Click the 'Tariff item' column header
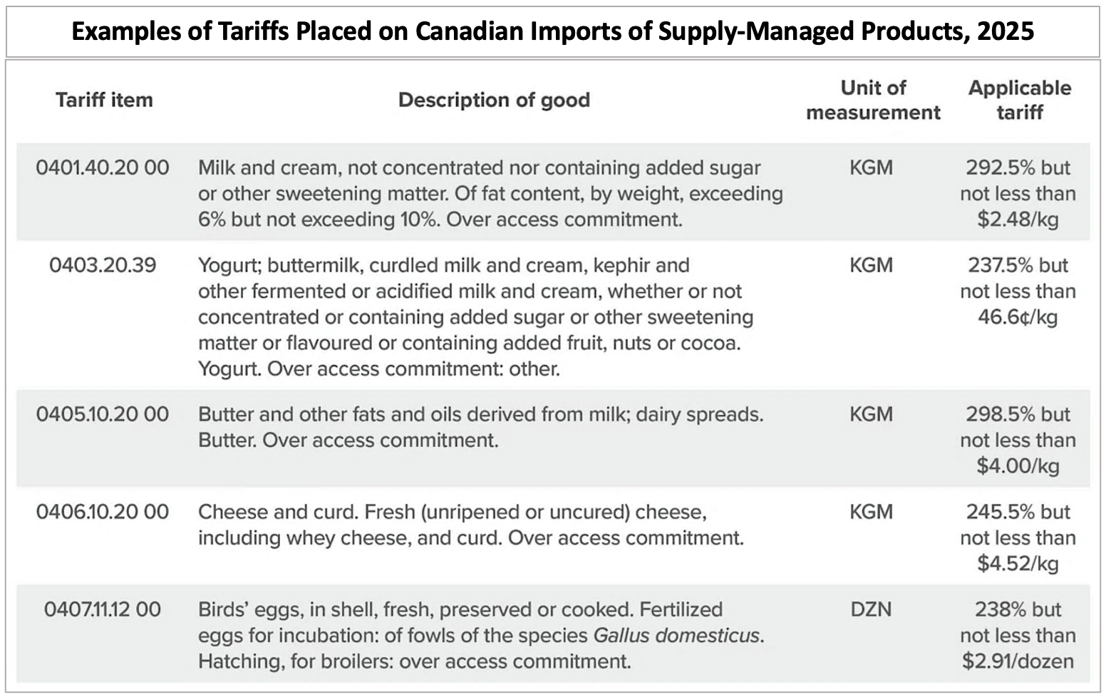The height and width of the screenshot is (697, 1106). (x=104, y=100)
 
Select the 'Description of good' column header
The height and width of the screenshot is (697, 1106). (x=494, y=100)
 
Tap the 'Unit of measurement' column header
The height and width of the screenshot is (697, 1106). (x=873, y=100)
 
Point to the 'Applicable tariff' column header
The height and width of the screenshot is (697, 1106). (x=1019, y=100)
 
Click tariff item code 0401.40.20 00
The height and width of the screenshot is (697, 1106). (x=103, y=167)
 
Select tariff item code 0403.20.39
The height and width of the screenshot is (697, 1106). (x=103, y=265)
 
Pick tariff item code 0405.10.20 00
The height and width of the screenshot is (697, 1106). (x=103, y=414)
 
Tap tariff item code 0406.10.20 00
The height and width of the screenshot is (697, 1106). (x=103, y=512)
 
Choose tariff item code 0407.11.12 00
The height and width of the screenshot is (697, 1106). (x=103, y=609)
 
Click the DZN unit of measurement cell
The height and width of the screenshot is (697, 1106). (x=871, y=609)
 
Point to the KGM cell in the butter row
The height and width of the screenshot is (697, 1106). (x=871, y=414)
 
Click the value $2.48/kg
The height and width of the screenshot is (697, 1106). (x=1018, y=220)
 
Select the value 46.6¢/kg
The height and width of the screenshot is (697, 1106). (x=1018, y=317)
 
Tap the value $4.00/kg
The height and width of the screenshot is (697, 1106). (x=1018, y=466)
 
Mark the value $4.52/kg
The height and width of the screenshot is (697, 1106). (x=1018, y=564)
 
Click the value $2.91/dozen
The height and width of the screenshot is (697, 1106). (x=1018, y=661)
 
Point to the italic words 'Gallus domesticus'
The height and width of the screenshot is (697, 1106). (x=676, y=635)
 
